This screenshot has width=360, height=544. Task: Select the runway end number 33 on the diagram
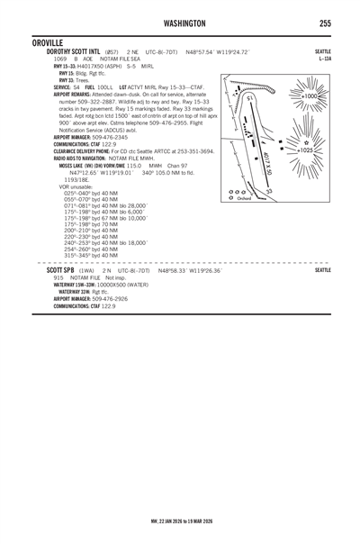294,192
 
